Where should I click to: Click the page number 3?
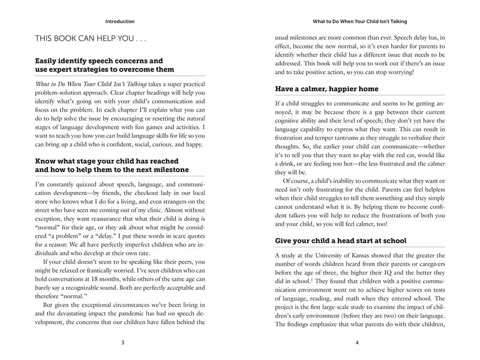[122, 343]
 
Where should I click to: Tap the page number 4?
[357, 343]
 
